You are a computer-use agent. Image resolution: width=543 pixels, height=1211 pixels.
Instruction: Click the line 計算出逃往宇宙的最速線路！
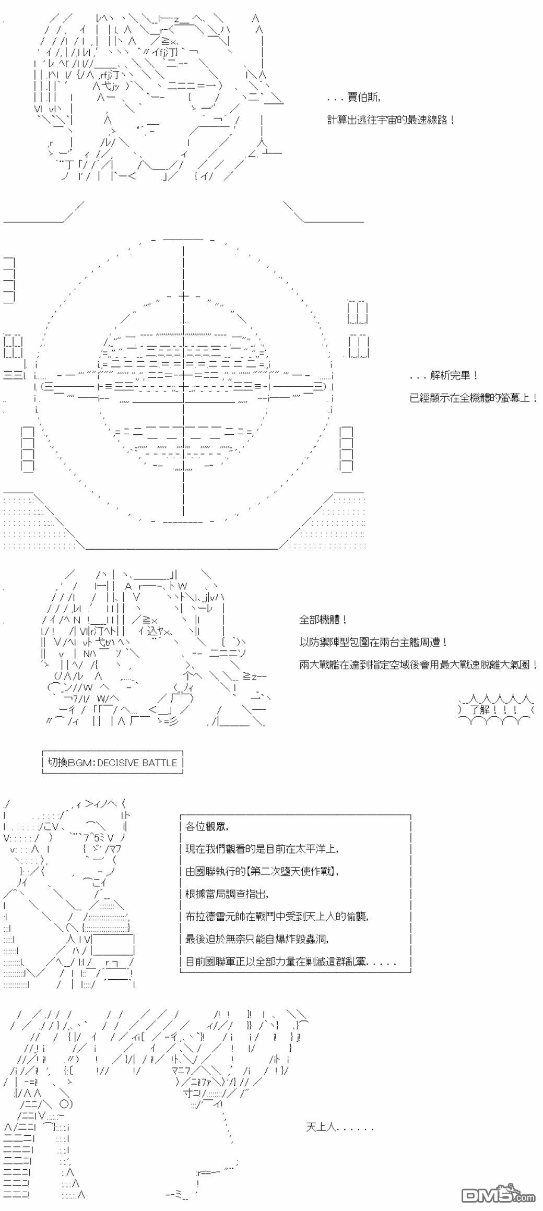click(391, 120)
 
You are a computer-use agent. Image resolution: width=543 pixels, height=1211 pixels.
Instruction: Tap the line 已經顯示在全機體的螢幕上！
click(474, 398)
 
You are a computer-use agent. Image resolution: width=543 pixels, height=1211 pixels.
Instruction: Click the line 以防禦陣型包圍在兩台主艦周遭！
click(373, 642)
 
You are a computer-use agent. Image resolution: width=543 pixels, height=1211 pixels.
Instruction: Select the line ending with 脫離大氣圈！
click(419, 664)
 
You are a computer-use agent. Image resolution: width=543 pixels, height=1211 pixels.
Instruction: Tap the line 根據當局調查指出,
click(227, 894)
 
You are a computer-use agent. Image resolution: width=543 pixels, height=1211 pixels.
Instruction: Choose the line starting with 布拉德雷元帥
click(277, 916)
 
